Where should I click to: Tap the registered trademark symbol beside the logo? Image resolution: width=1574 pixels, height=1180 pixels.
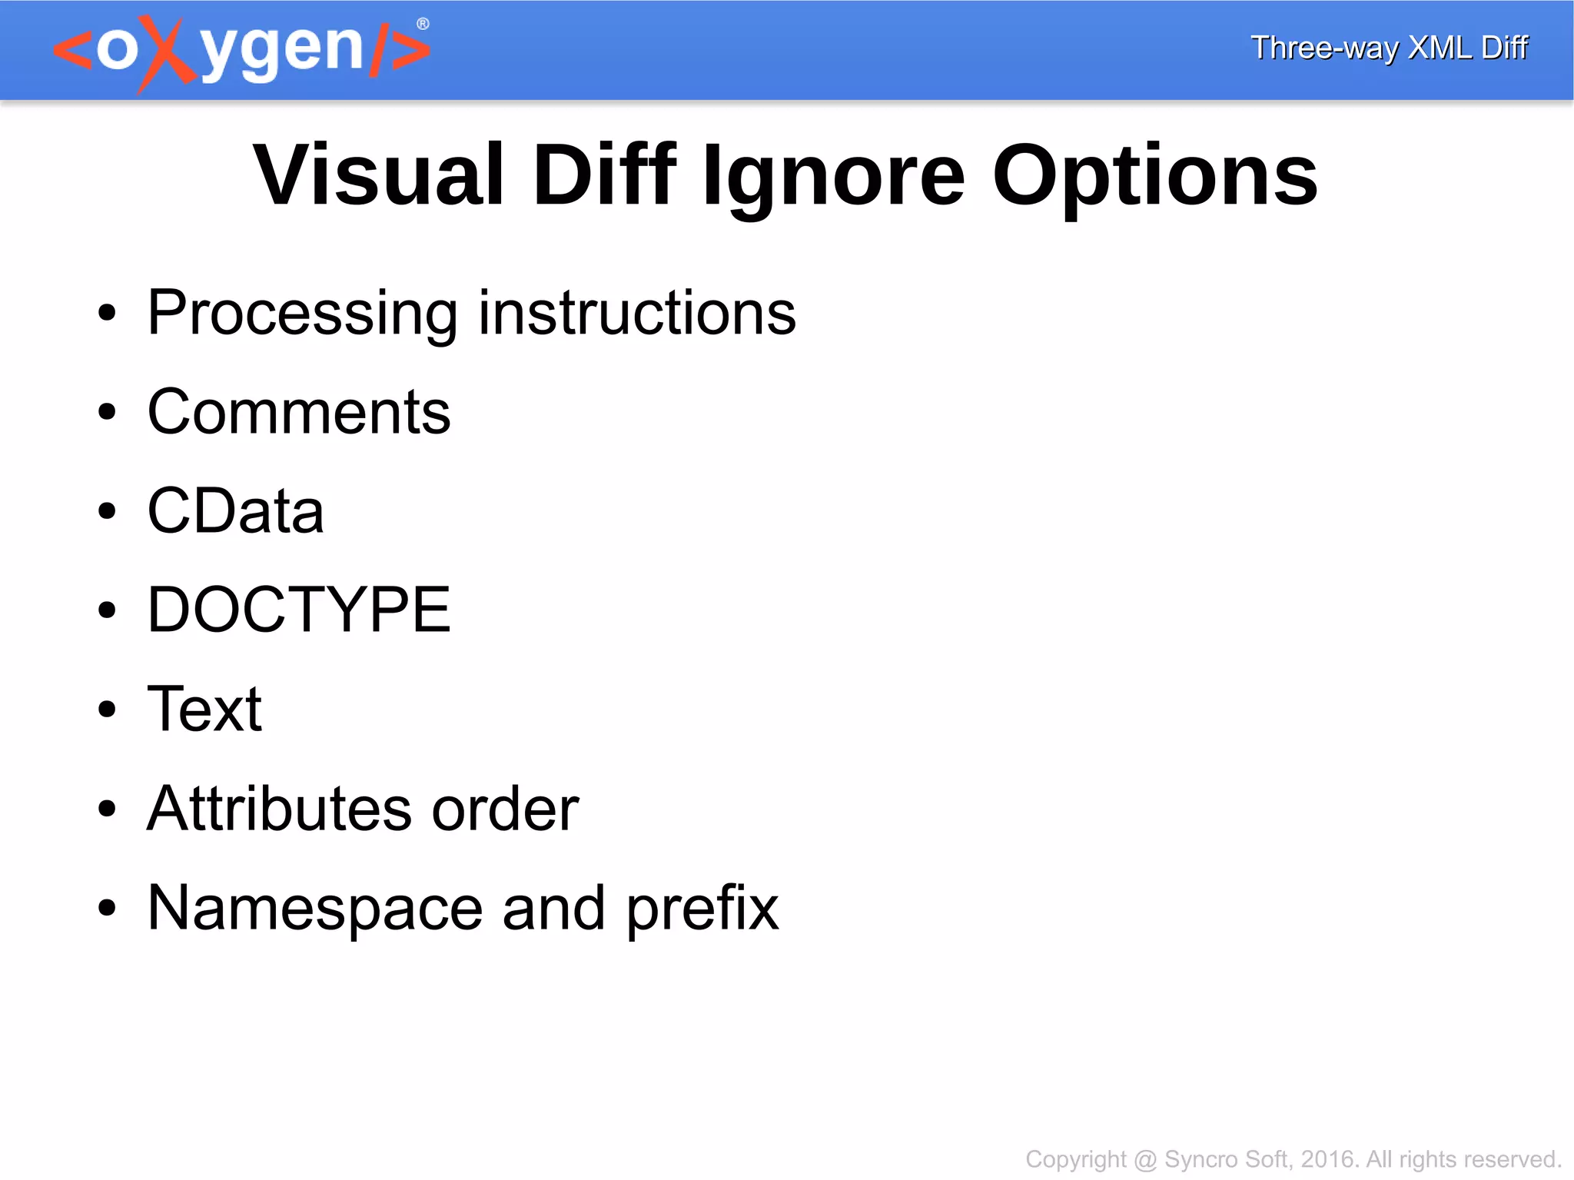click(x=423, y=25)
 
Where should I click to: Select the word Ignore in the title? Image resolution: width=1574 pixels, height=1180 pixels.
click(x=833, y=178)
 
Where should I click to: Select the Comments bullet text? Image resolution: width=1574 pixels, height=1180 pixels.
click(x=298, y=412)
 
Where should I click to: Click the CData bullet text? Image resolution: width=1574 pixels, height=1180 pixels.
click(x=235, y=511)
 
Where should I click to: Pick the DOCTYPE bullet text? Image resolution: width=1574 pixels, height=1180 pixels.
click(x=298, y=610)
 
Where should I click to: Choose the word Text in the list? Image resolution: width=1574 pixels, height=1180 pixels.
click(x=204, y=709)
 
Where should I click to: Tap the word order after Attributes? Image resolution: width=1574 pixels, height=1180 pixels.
click(x=505, y=809)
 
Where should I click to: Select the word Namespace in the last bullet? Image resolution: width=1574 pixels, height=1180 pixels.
click(x=315, y=909)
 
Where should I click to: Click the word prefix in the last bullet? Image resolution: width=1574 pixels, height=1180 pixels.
click(x=702, y=909)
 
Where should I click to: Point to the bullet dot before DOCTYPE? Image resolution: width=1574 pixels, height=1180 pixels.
click(x=107, y=610)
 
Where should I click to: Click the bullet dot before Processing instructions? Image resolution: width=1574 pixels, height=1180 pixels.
click(x=107, y=313)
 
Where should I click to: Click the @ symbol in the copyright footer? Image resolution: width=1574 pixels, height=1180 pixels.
click(x=1145, y=1159)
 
